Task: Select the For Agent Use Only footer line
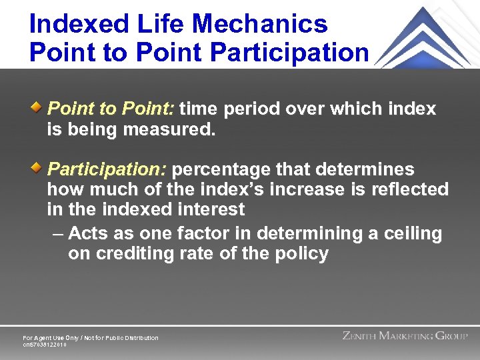point(91,338)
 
